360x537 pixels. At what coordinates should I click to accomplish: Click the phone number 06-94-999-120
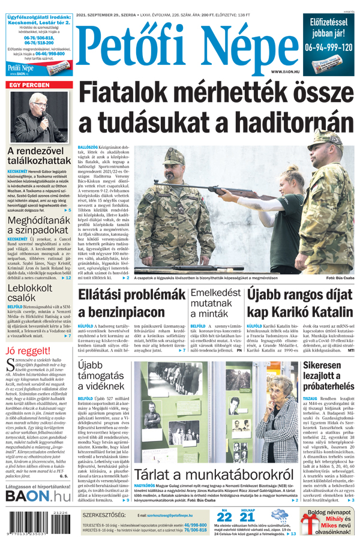[328, 47]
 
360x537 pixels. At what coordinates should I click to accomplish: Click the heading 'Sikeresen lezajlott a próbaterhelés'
[330, 377]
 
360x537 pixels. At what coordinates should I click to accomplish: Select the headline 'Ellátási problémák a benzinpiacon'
[131, 304]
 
